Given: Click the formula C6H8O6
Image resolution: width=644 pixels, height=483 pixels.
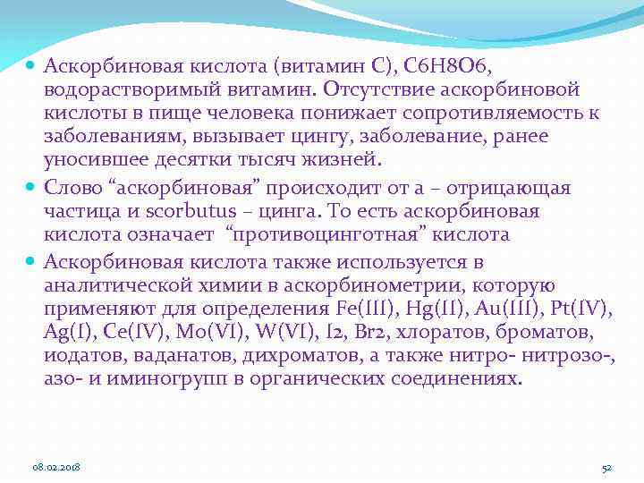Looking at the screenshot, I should pos(455,65).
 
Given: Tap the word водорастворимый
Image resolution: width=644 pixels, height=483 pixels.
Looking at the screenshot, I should pos(121,90).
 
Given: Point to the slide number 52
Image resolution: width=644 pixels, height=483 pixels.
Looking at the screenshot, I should pos(606,467).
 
